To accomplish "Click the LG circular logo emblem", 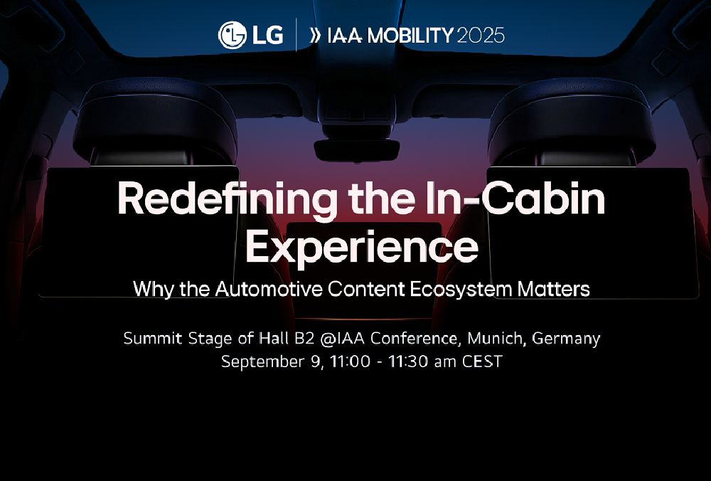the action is click(232, 35).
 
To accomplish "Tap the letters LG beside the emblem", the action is click(267, 36).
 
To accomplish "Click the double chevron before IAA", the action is click(316, 36).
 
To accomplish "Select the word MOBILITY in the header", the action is click(410, 36).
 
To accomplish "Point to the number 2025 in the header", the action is click(481, 36).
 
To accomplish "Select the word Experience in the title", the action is click(362, 247).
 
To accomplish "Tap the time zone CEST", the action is click(482, 361).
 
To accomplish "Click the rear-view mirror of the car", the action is click(356, 150).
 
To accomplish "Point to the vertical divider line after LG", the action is click(296, 34).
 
